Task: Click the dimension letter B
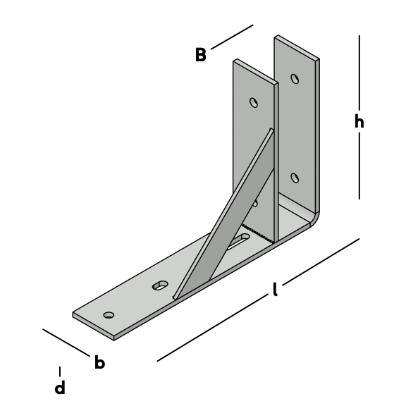coord(201,55)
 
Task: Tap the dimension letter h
coord(359,121)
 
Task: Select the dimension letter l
coord(275,289)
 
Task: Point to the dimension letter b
coord(99,362)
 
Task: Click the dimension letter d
coord(60,387)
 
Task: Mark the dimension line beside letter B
coord(232,37)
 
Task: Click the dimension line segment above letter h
coord(359,73)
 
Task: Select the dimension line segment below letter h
coord(359,166)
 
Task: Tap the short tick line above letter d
coord(60,371)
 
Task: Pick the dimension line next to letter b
coord(66,343)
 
